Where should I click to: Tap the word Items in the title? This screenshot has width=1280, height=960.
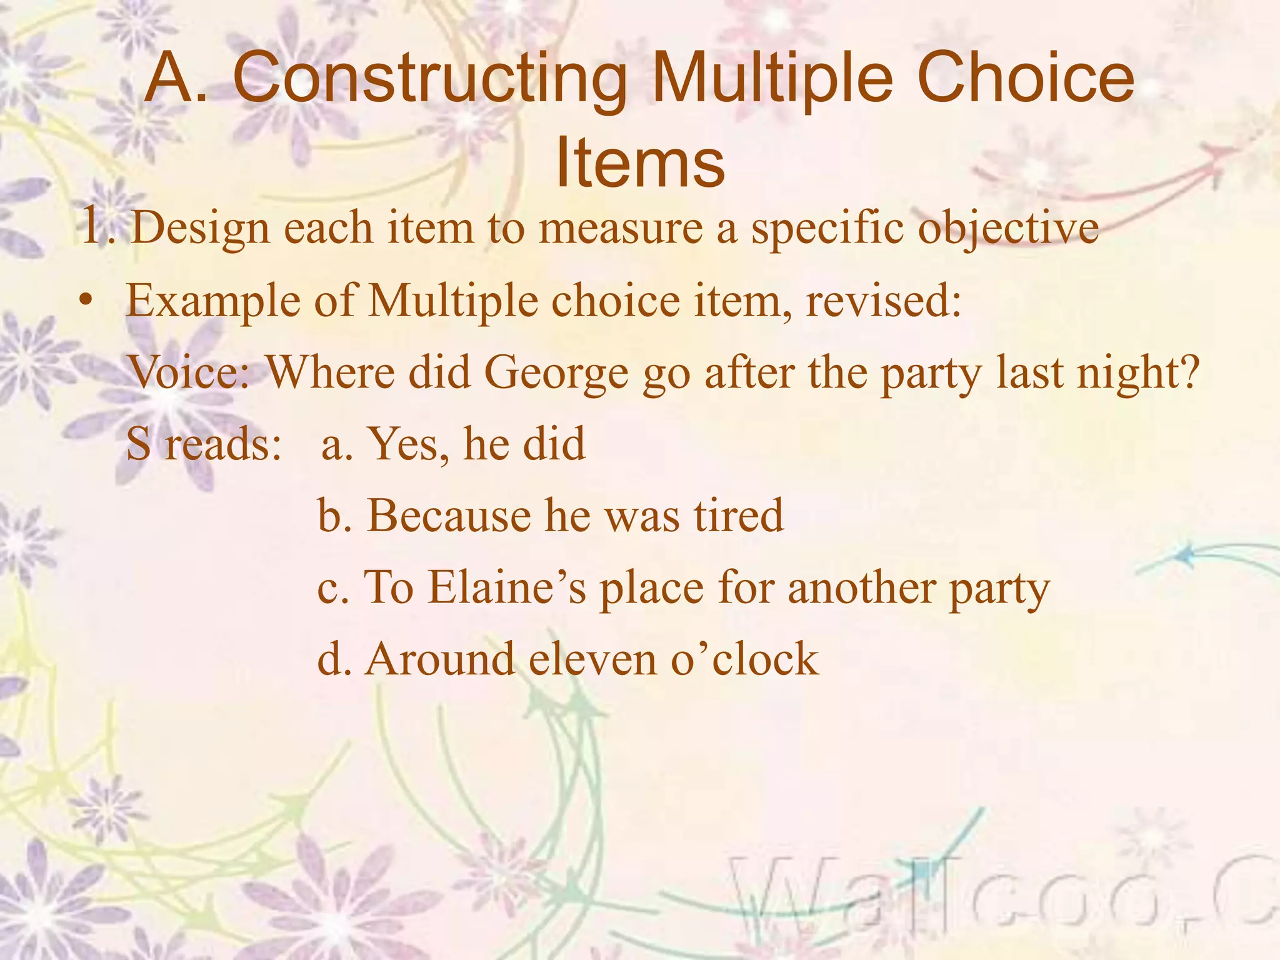click(x=640, y=162)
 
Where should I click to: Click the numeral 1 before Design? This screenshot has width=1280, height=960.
click(x=92, y=227)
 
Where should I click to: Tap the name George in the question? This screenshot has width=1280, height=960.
click(x=556, y=373)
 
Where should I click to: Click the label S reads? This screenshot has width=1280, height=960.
click(x=204, y=444)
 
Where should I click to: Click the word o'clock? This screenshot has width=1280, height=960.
click(x=744, y=660)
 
